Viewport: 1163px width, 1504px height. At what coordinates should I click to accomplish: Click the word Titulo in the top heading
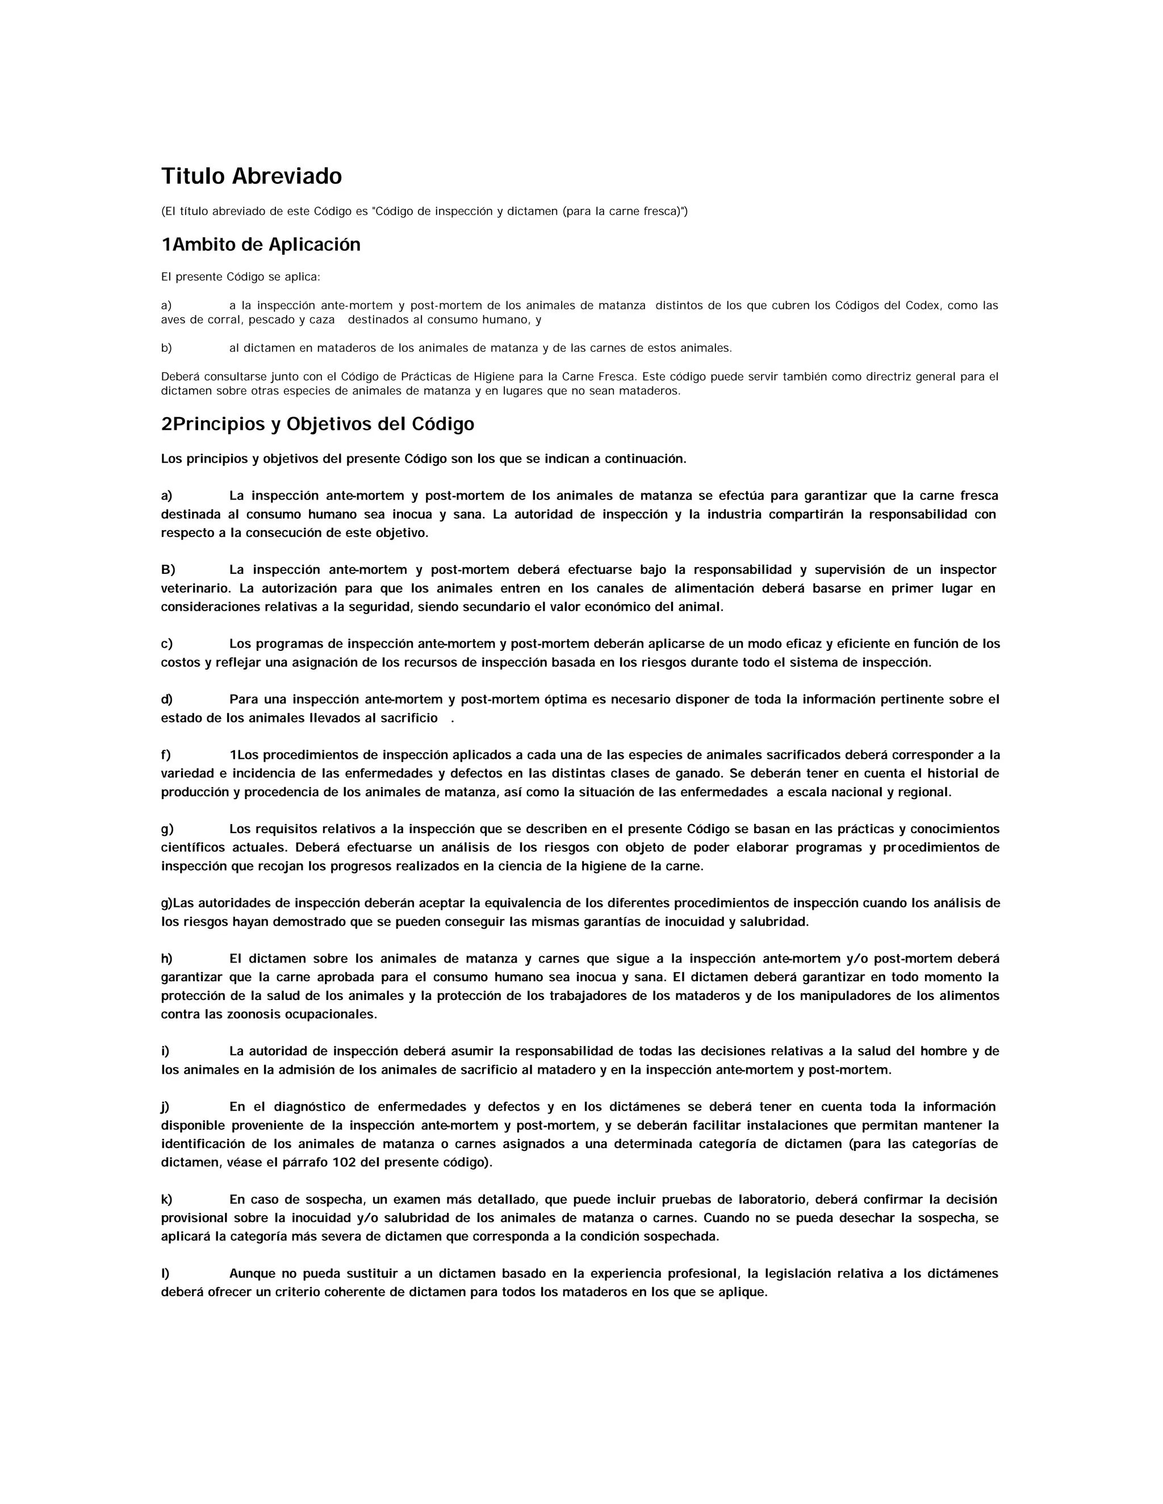click(194, 177)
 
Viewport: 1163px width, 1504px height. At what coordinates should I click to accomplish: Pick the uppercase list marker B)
click(168, 569)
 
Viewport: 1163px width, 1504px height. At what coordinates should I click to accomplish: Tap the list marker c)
click(167, 644)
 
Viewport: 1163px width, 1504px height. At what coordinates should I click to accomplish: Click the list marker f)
click(166, 755)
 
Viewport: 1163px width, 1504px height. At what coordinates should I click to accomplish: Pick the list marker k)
click(167, 1200)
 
